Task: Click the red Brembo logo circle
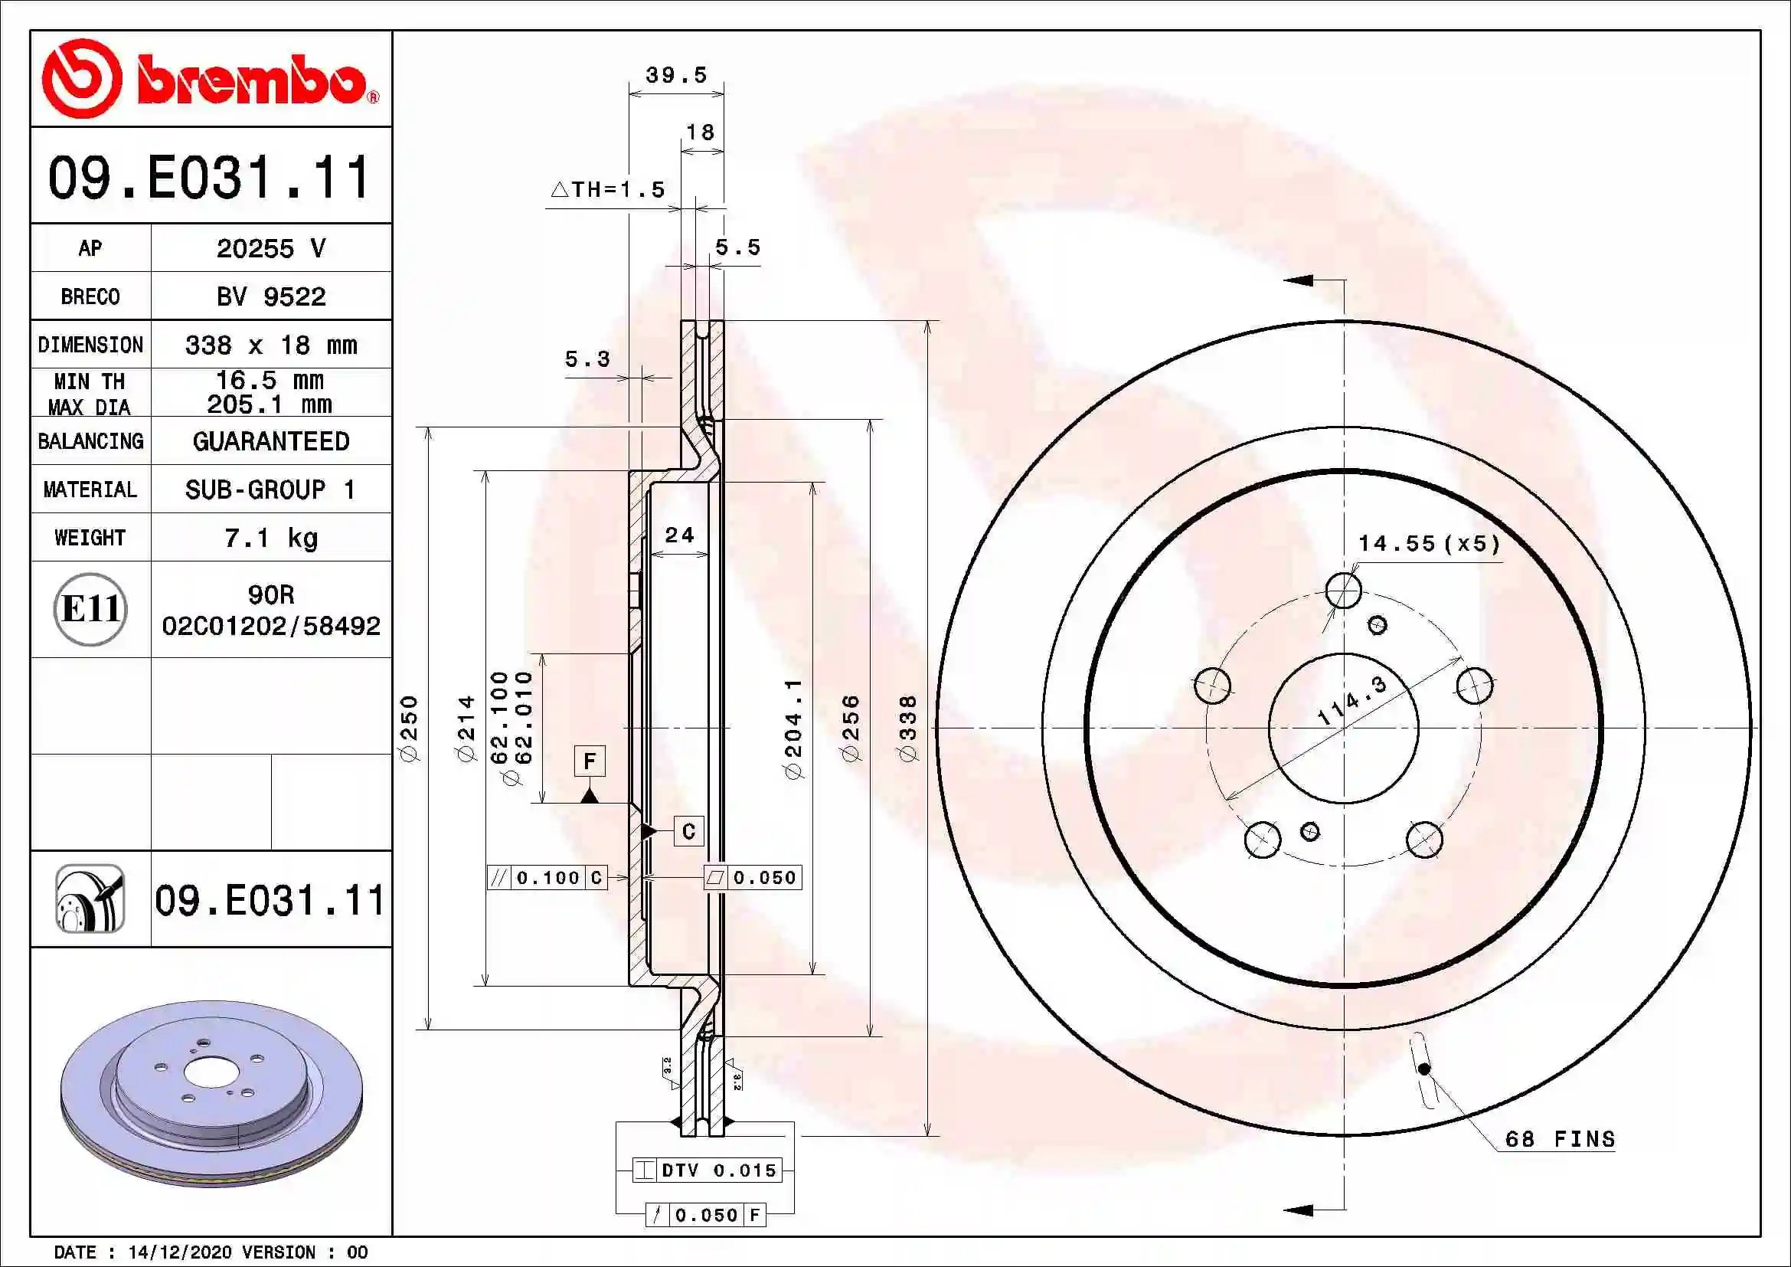(x=81, y=78)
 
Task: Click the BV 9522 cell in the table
(x=270, y=296)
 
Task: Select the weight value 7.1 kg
(x=270, y=538)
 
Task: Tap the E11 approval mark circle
(x=90, y=608)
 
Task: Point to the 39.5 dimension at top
(x=676, y=76)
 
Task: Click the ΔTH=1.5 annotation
(x=609, y=189)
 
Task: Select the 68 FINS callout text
(x=1559, y=1139)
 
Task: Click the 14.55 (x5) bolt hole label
(x=1429, y=543)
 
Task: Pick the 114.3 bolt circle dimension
(x=1351, y=701)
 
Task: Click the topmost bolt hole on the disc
(x=1343, y=591)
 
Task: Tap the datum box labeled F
(x=590, y=761)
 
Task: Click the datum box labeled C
(x=688, y=832)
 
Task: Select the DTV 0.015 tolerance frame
(x=707, y=1170)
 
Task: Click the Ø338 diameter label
(x=908, y=728)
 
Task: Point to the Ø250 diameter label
(x=410, y=728)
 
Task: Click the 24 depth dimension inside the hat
(x=678, y=535)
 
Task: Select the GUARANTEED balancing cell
(x=270, y=441)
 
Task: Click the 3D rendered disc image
(x=211, y=1092)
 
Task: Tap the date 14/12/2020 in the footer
(x=179, y=1252)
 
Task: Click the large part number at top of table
(x=209, y=178)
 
